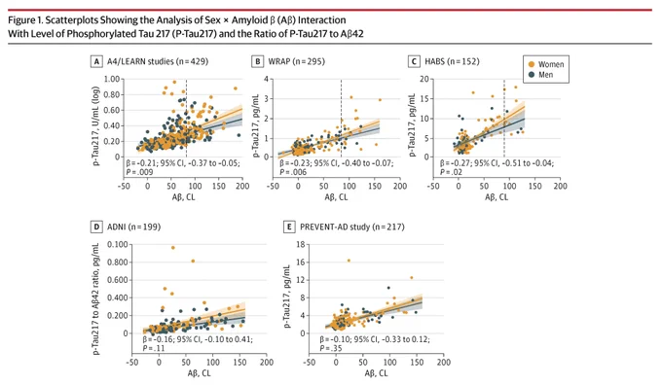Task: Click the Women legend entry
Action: tap(545, 64)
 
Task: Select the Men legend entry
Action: tap(541, 75)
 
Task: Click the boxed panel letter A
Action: tap(96, 61)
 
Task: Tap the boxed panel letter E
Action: tap(289, 227)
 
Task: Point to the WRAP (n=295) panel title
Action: tap(296, 61)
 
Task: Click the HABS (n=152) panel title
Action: tap(452, 61)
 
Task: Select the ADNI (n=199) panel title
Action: tap(133, 227)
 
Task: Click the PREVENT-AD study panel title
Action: tap(352, 227)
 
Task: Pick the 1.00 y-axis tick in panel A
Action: tap(112, 79)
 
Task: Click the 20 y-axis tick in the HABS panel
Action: tap(424, 79)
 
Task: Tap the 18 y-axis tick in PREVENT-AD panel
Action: tap(301, 245)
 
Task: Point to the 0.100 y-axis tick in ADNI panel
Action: tap(118, 245)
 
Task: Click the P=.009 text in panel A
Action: tap(139, 172)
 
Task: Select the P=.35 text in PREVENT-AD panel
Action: tap(331, 348)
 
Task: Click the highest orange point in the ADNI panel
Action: tap(172, 248)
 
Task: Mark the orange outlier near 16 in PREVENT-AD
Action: tap(349, 261)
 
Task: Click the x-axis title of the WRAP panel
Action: tap(336, 197)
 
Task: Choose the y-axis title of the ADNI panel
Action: tap(96, 299)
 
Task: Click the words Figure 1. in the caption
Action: tap(25, 20)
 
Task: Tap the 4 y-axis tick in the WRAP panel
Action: tap(266, 79)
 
